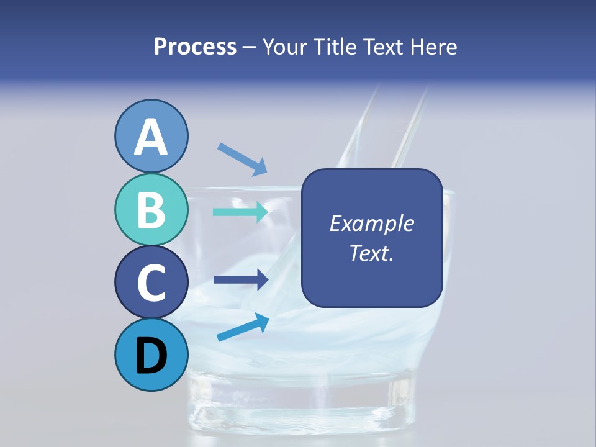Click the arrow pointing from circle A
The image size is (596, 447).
242,158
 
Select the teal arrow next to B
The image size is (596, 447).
240,212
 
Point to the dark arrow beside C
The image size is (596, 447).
240,280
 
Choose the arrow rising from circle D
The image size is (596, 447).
243,327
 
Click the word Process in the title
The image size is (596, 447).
195,47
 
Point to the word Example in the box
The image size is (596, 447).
371,223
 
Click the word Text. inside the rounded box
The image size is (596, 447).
371,253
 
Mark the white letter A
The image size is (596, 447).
151,138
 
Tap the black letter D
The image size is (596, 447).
151,356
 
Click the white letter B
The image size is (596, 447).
151,210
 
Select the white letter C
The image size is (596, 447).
151,283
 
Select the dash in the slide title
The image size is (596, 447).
250,48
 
